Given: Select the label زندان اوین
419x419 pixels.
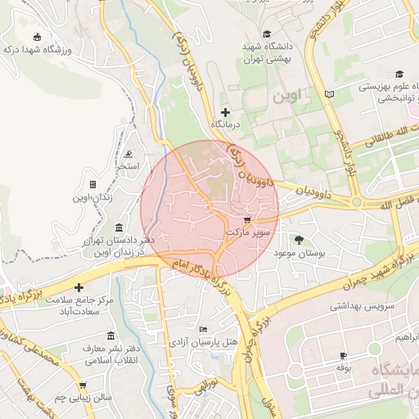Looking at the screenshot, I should [92, 197].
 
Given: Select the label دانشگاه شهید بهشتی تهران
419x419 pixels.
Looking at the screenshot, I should [266, 53].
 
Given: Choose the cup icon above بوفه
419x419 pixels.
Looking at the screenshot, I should [343, 355].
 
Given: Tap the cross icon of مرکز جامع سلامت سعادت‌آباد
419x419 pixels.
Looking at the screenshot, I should [79, 287].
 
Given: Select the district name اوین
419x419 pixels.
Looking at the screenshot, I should [292, 95].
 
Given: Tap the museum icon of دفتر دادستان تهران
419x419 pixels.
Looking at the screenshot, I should [120, 227].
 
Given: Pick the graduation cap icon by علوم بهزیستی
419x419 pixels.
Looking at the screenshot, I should [399, 74].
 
